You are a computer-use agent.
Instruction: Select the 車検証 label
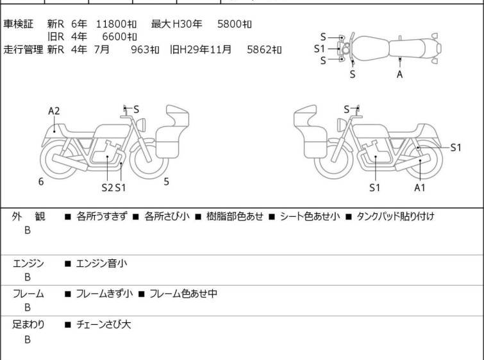click(18, 24)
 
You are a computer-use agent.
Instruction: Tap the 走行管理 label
click(23, 49)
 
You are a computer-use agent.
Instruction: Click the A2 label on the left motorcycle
click(54, 111)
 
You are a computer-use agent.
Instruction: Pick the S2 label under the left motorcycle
click(107, 187)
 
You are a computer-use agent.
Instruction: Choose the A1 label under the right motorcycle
click(420, 187)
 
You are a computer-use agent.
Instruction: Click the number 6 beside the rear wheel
click(41, 182)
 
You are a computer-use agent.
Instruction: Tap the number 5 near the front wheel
click(166, 182)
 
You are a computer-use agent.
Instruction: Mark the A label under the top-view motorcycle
click(400, 74)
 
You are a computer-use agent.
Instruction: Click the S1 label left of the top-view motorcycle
click(319, 49)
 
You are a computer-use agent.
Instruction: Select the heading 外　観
click(28, 216)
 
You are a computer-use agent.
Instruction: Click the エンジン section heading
click(28, 264)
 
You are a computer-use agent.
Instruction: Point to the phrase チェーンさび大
click(103, 325)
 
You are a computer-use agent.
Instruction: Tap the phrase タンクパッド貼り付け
click(396, 216)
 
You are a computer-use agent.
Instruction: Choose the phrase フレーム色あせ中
click(183, 293)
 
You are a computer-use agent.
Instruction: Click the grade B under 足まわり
click(28, 339)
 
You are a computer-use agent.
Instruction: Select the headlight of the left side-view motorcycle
click(141, 125)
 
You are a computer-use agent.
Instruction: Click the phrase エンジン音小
click(101, 264)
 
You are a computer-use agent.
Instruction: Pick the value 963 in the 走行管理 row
click(145, 49)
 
